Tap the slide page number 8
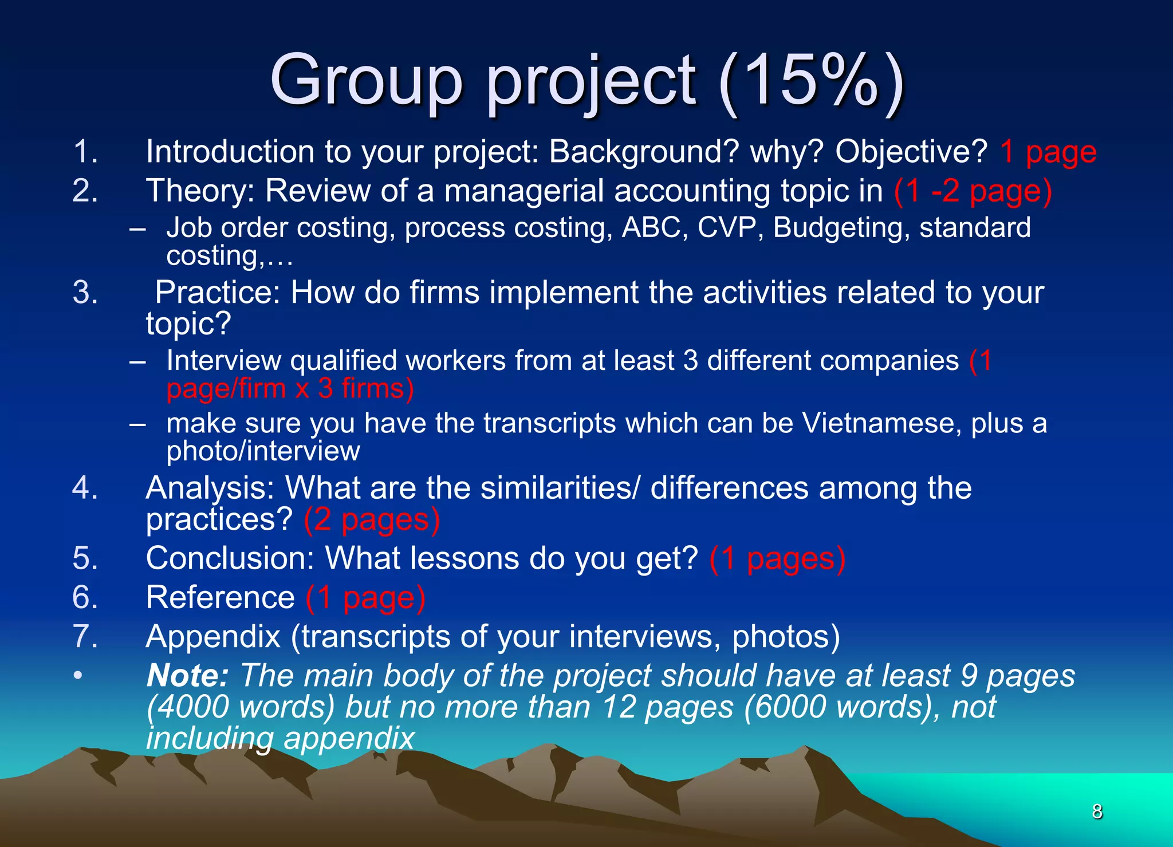1097,811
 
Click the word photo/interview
263,451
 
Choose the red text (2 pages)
372,520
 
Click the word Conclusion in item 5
230,558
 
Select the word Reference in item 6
221,598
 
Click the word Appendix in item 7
213,637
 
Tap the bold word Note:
188,676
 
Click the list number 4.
85,488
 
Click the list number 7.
85,637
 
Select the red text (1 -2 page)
973,191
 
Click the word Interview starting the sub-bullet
224,361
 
